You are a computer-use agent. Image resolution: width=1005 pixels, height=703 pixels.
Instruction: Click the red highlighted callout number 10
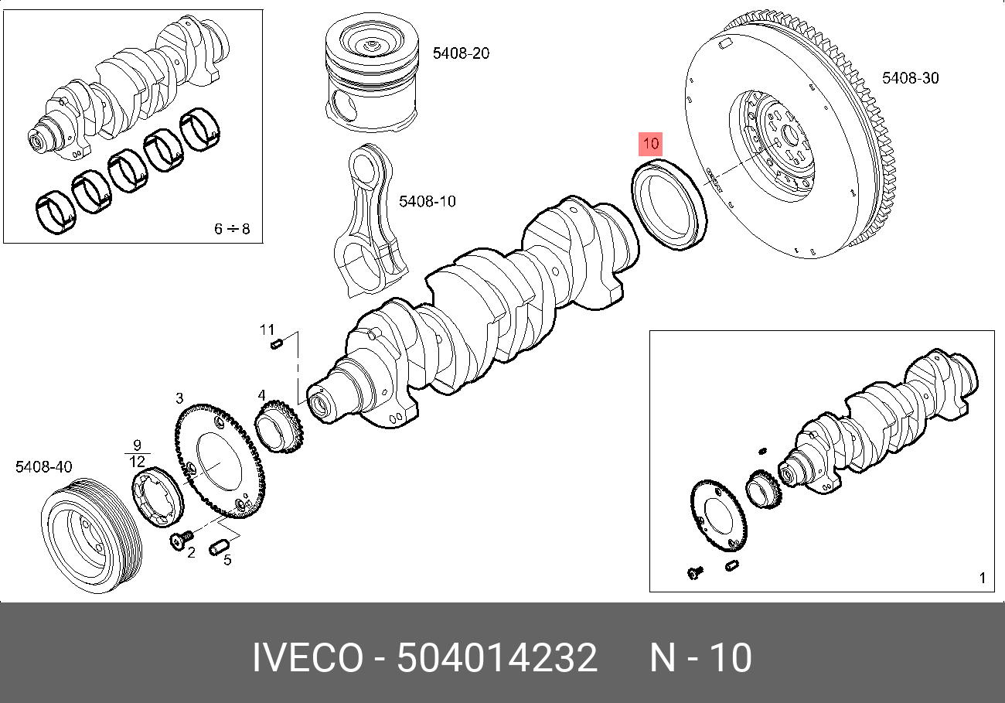[649, 144]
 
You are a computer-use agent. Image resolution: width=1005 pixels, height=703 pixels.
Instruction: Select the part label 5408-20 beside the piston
[461, 53]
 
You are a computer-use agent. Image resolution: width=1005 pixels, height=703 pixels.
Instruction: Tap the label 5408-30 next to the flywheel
[911, 78]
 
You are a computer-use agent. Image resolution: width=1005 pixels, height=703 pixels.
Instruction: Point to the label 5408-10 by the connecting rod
[427, 202]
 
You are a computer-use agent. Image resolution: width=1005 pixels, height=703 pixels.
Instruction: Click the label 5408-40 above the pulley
[44, 467]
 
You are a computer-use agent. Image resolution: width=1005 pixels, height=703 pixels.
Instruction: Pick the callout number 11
[267, 330]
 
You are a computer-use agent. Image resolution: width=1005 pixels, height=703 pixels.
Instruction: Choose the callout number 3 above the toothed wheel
[179, 399]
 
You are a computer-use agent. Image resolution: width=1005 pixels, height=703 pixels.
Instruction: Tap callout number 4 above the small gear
[262, 396]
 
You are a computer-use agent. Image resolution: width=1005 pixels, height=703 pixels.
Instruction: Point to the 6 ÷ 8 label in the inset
[231, 229]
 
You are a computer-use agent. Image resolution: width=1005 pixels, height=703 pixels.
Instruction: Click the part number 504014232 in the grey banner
[497, 658]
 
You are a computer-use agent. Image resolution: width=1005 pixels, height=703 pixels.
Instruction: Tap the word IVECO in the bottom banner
[307, 658]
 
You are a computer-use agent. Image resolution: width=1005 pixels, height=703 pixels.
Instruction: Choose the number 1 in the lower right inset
[982, 578]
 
